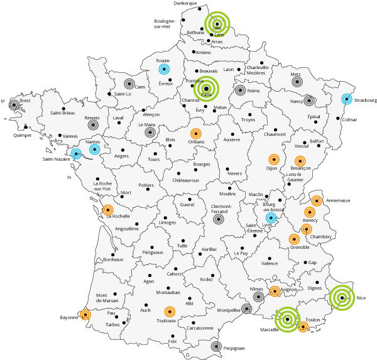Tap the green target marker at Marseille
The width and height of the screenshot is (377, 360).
point(288,319)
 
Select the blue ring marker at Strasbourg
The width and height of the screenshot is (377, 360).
point(347,99)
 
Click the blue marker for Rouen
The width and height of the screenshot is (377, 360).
point(165,69)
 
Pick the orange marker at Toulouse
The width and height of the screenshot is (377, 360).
point(169,311)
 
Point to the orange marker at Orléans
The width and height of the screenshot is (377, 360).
point(195,133)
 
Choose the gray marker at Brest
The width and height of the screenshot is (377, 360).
point(14,105)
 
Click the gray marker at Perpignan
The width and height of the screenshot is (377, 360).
point(216,346)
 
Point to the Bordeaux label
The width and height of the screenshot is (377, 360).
point(113,259)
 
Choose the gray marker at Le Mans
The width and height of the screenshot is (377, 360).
point(150,133)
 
